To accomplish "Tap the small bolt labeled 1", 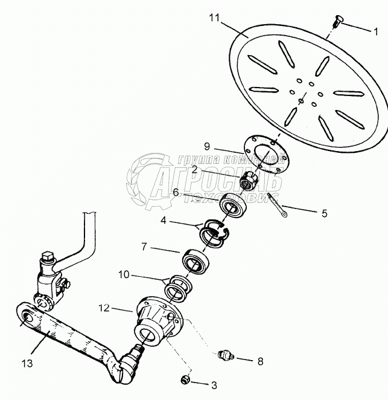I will point(337,21).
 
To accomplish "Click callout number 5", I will point(323,213).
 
